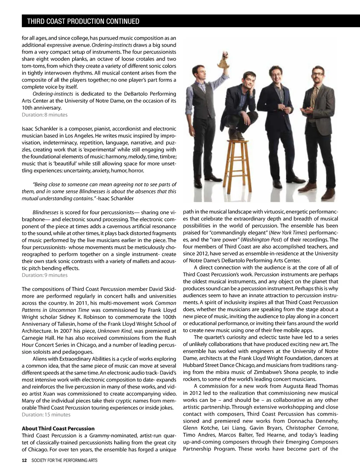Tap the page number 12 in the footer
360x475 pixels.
pos(24,460)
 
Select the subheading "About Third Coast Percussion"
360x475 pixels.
pos(58,429)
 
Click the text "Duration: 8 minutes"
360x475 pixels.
pos(45,115)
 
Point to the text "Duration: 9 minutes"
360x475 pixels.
pos(45,275)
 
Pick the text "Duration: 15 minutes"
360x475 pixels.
pos(46,414)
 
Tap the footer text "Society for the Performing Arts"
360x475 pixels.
pos(64,460)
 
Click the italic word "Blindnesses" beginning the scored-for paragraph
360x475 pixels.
pos(45,213)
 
